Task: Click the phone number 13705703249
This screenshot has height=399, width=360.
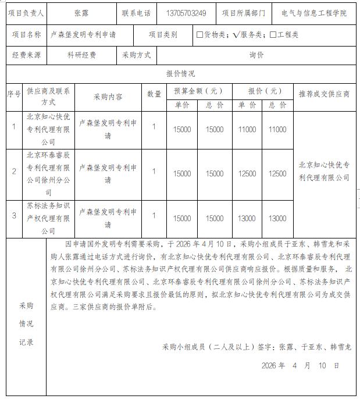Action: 186,13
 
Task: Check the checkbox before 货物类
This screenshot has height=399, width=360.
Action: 199,35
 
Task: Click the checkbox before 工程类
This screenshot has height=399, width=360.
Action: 273,35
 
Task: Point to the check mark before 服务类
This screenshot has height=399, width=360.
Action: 236,35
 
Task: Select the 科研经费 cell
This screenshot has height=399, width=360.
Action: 81,55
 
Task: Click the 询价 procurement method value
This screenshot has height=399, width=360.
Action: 256,55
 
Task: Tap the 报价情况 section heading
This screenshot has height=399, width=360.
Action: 180,74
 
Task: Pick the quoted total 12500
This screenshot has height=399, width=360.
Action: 277,173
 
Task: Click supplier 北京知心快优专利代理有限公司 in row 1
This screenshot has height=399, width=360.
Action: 48,129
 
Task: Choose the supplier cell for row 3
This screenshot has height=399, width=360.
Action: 48,219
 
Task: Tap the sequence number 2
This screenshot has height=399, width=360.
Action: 14,172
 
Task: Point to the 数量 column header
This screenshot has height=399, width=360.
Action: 154,94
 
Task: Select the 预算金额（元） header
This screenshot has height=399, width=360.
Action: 198,91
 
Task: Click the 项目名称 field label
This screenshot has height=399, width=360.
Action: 26,35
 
